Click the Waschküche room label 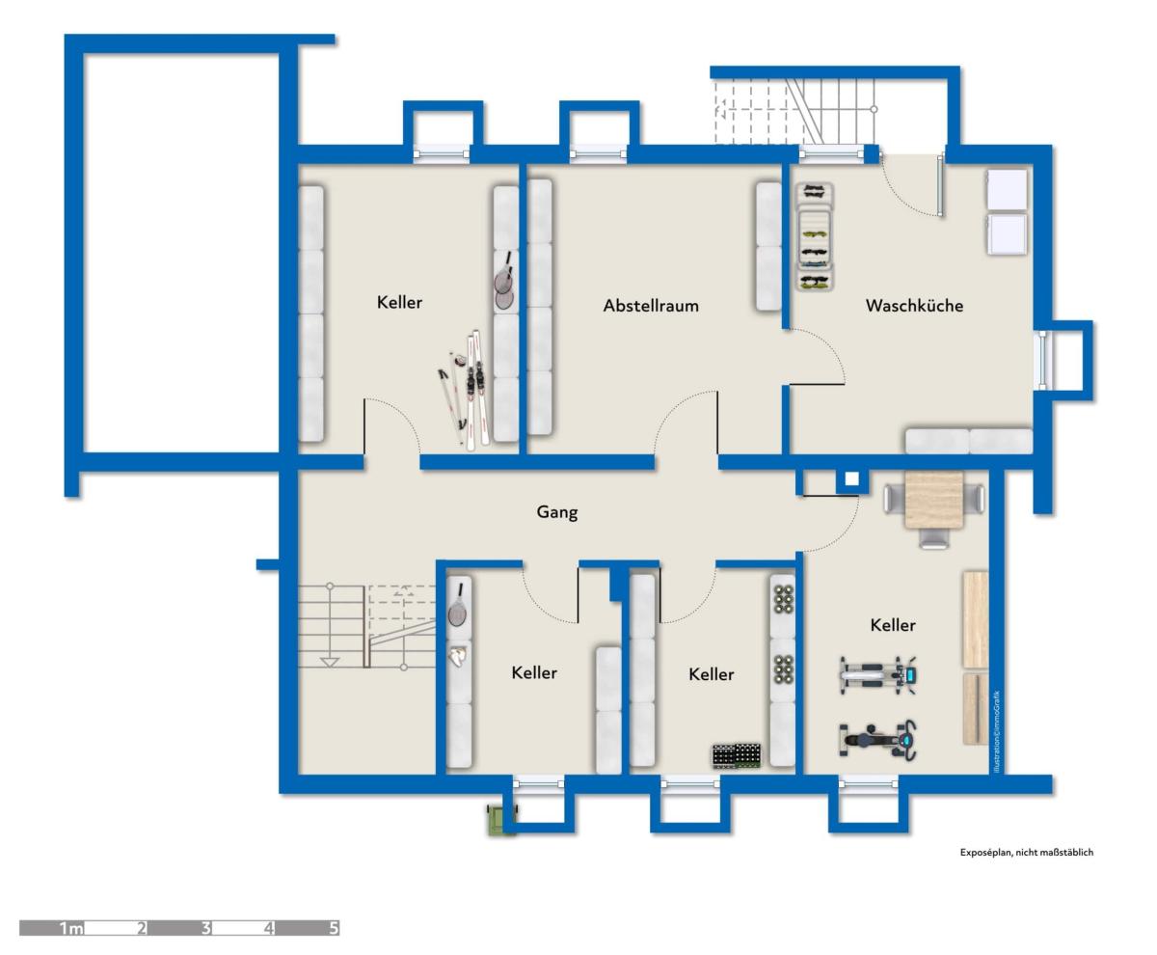pyautogui.click(x=914, y=306)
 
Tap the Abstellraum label pyautogui.click(x=651, y=306)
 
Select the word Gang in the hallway pyautogui.click(x=557, y=512)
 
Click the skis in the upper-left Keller pyautogui.click(x=476, y=390)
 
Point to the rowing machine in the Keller pyautogui.click(x=878, y=675)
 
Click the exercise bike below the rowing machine pyautogui.click(x=878, y=739)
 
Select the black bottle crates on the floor pyautogui.click(x=737, y=756)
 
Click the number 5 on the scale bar pyautogui.click(x=334, y=928)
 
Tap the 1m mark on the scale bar pyautogui.click(x=71, y=928)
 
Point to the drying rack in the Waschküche pyautogui.click(x=815, y=236)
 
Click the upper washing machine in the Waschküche pyautogui.click(x=1007, y=190)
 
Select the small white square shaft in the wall pyautogui.click(x=851, y=478)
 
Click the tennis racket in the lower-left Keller pyautogui.click(x=457, y=606)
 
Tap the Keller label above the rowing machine pyautogui.click(x=893, y=626)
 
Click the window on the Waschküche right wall pyautogui.click(x=1043, y=360)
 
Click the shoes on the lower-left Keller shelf pyautogui.click(x=457, y=658)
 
